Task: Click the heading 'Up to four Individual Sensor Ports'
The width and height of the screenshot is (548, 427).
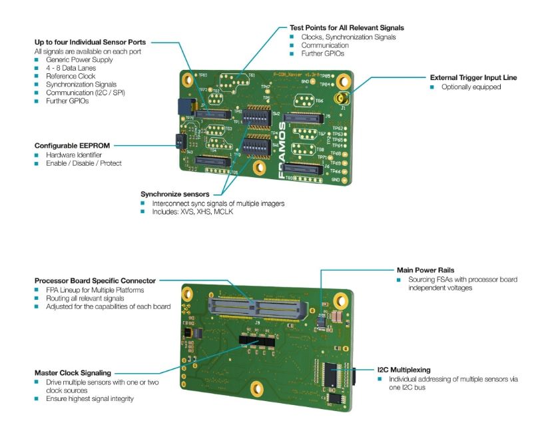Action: [x=90, y=43]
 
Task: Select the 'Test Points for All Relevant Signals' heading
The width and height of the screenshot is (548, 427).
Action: [x=346, y=28]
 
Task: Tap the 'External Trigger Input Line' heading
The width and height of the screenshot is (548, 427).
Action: [x=473, y=78]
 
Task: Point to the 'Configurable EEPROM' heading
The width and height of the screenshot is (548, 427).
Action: [x=72, y=145]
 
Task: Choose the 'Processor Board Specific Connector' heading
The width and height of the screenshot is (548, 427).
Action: [x=95, y=280]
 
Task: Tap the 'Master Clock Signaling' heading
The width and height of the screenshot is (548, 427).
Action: [x=73, y=372]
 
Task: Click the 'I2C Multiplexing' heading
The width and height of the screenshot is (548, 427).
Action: [x=404, y=369]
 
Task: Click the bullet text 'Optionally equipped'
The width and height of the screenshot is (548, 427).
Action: [x=471, y=87]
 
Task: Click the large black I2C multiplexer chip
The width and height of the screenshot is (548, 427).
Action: [x=333, y=374]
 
